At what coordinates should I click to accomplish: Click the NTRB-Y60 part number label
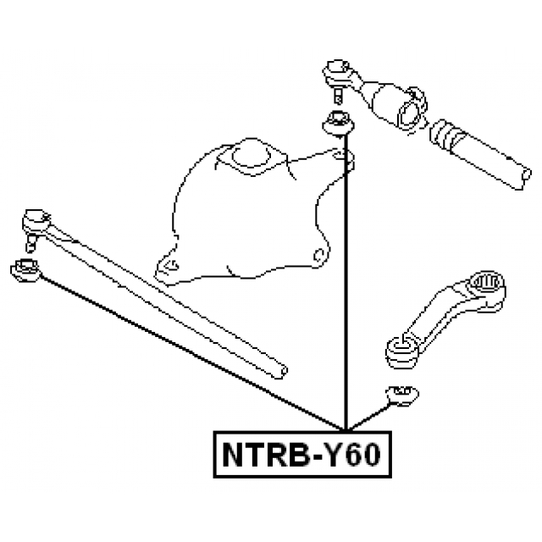pos(301,456)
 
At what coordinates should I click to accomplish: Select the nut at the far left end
pos(23,271)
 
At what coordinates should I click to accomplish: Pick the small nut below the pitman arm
pos(401,394)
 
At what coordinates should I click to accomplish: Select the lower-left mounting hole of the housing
pos(168,269)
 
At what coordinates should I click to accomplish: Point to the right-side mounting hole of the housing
pos(319,253)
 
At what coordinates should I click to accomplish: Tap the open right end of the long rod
pos(277,370)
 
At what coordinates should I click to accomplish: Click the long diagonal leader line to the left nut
pos(186,347)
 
